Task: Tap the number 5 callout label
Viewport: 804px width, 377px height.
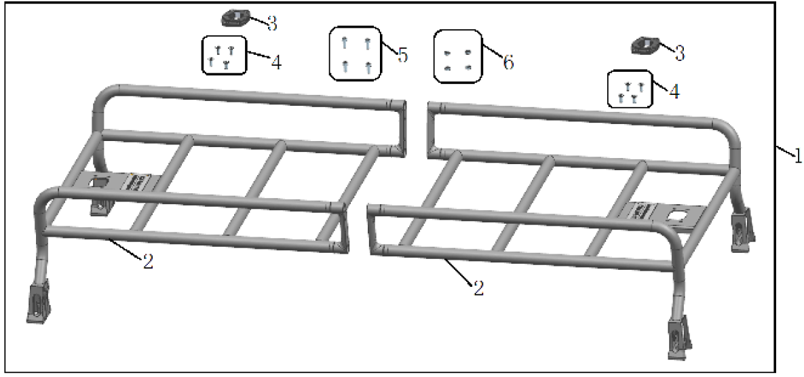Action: coord(402,54)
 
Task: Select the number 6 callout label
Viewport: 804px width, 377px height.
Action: coord(508,62)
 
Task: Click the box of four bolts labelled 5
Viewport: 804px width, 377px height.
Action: coord(356,54)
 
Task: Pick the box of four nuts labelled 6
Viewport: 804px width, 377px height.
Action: coord(458,56)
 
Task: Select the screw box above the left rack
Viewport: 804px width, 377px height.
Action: coord(223,56)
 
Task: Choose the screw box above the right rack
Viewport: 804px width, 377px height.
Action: coord(630,89)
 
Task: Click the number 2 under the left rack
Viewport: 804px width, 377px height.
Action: coord(148,262)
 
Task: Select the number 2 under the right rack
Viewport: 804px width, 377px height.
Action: coord(478,288)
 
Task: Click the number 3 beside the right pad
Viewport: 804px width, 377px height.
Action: coord(679,54)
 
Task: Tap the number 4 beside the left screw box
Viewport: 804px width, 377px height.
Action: coord(275,62)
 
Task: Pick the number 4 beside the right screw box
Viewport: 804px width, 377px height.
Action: coord(674,92)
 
